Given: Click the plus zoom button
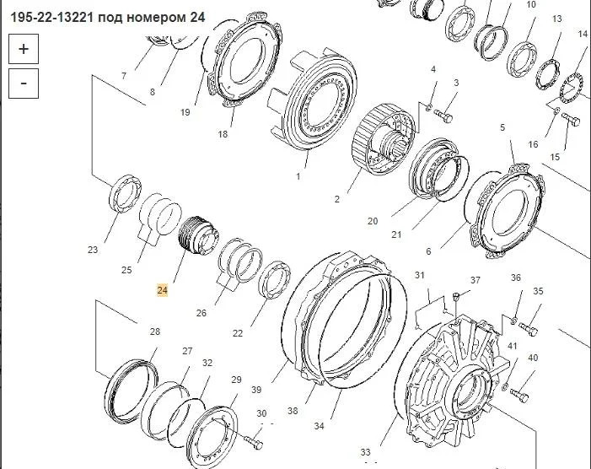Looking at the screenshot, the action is click(x=24, y=49).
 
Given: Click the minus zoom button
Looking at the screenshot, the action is click(x=24, y=84).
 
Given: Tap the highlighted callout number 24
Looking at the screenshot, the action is click(x=162, y=290).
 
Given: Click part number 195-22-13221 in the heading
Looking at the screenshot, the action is click(x=51, y=18).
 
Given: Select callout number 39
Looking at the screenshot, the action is click(x=256, y=390).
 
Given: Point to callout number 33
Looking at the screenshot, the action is click(x=366, y=451).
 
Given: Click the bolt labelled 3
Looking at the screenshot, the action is click(x=443, y=116).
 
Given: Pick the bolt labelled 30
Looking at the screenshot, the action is click(x=254, y=443).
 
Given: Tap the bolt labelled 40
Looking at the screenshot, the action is click(x=519, y=395).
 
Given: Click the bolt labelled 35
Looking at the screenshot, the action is click(x=528, y=330).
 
